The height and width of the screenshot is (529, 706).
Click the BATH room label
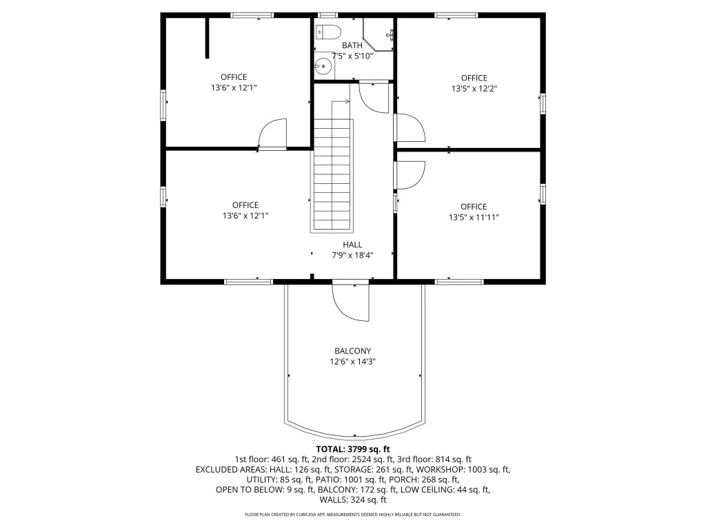tap(352, 45)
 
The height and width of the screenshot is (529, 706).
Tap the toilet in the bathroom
tap(328, 32)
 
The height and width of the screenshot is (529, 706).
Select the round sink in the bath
tap(323, 67)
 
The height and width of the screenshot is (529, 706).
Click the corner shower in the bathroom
tap(379, 34)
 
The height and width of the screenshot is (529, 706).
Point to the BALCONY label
tap(352, 351)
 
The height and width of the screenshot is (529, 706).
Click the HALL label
tap(352, 245)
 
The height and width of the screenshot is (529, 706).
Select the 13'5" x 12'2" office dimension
tap(474, 89)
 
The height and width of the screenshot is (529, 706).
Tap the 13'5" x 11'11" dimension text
tap(474, 217)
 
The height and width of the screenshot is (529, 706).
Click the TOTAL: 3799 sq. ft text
tap(353, 449)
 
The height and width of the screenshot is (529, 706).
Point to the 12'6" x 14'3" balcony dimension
tap(352, 362)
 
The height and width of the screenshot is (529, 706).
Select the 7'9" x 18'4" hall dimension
tap(352, 256)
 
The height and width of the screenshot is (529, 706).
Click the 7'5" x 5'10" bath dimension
tap(352, 56)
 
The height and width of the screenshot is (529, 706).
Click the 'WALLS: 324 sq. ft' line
tap(353, 500)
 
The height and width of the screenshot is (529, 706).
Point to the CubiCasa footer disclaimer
tap(353, 514)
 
